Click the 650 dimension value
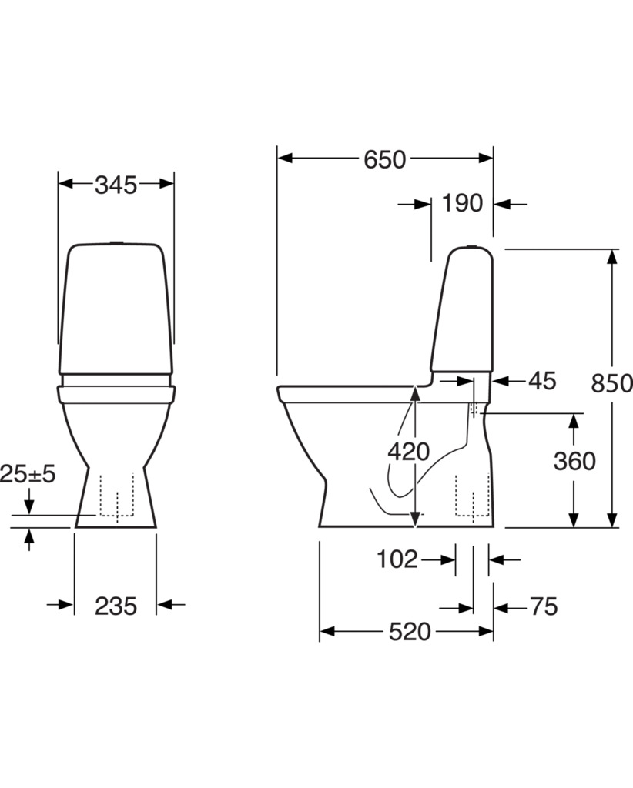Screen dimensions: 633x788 tap(384, 159)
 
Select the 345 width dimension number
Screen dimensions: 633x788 tap(116, 185)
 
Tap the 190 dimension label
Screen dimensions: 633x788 tap(462, 203)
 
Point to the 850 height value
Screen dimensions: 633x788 tap(611, 383)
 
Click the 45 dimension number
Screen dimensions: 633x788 tap(542, 381)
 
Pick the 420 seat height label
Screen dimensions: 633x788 tap(408, 451)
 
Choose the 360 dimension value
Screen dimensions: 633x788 tap(574, 461)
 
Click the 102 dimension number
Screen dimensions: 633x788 tap(397, 559)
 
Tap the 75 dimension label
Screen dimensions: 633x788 tap(544, 606)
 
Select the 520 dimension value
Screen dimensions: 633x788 tap(410, 632)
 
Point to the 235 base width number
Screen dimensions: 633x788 tap(116, 606)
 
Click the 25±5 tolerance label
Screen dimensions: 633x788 tap(28, 474)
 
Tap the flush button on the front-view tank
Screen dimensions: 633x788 tap(116, 242)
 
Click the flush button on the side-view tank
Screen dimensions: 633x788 tap(471, 245)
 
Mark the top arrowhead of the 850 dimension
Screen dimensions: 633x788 tap(611, 256)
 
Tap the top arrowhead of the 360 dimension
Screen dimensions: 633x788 tap(574, 421)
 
